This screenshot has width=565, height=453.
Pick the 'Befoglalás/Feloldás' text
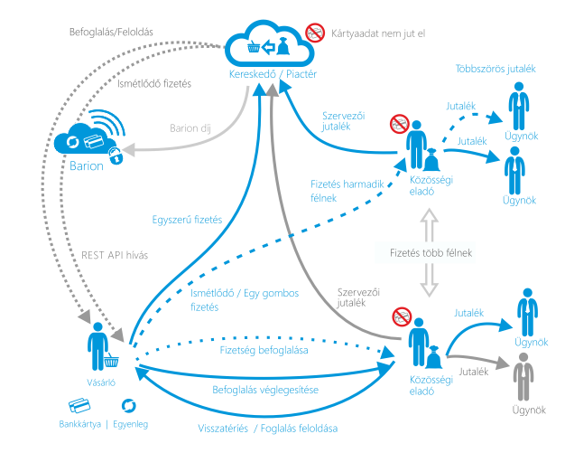point(111,32)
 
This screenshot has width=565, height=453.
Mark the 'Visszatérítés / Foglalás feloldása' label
point(262,427)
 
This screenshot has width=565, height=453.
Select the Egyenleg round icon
point(128,406)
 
